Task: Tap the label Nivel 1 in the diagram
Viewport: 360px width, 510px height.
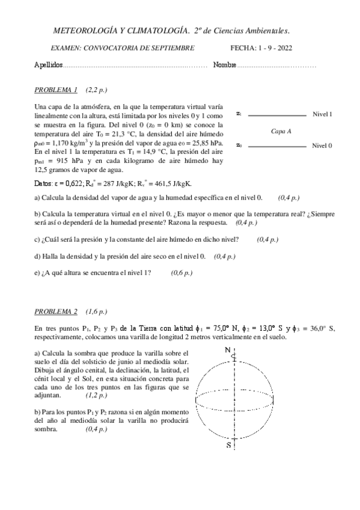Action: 322,114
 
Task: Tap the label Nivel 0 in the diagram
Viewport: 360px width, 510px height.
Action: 322,146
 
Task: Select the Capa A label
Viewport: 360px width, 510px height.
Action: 281,130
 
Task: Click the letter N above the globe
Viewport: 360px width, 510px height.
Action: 227,350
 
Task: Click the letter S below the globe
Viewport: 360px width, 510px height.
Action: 228,445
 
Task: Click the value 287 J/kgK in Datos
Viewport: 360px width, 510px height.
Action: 119,184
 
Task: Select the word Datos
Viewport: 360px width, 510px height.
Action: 45,184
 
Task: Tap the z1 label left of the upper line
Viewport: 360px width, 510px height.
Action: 239,113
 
